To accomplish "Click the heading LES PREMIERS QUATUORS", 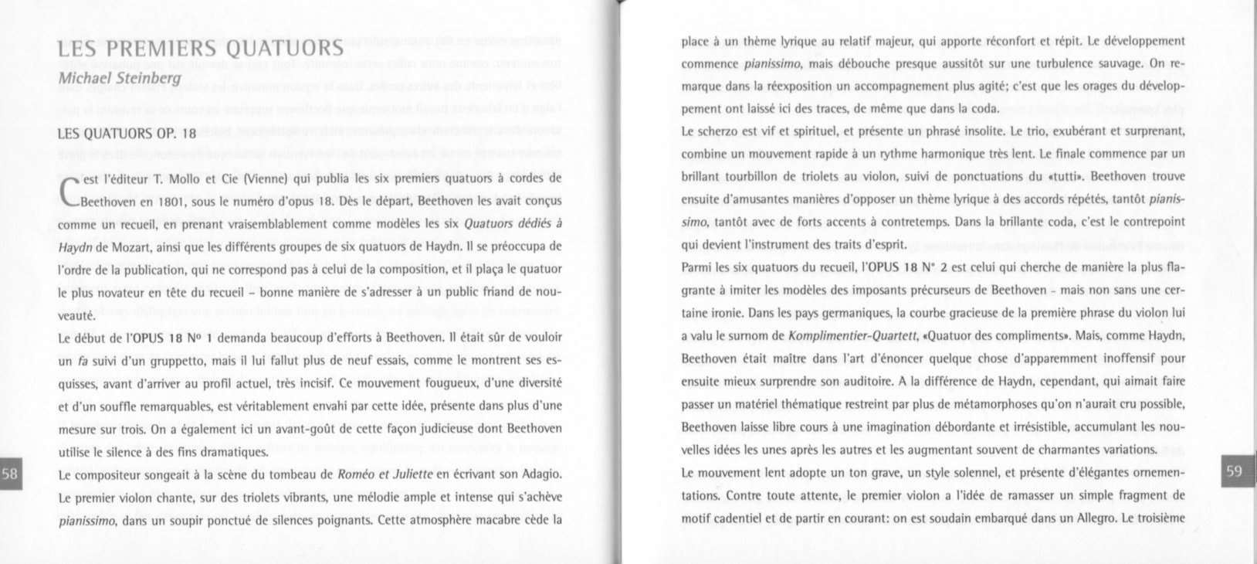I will (200, 49).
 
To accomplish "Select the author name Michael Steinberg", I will (120, 79).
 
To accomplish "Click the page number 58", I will (11, 474).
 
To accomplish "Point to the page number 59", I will (1235, 471).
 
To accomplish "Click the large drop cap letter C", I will (69, 190).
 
